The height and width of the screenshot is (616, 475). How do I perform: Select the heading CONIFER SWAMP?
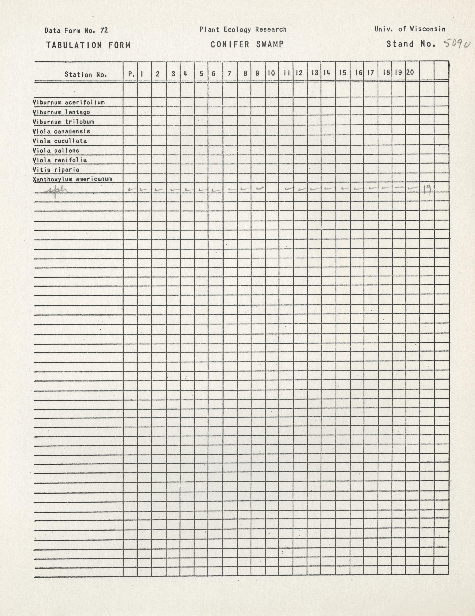pos(247,44)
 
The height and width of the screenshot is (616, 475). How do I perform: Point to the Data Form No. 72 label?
pos(76,30)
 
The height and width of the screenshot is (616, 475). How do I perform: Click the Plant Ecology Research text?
pos(243,29)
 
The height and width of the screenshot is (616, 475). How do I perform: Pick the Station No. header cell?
pos(86,75)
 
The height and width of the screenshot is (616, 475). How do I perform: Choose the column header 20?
pos(410,72)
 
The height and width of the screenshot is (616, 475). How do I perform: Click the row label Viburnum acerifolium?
pos(69,103)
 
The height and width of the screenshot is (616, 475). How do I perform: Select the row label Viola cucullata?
pos(60,141)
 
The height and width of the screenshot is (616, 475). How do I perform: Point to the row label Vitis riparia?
pos(56,170)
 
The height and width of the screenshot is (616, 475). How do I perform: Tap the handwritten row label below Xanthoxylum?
pos(57,191)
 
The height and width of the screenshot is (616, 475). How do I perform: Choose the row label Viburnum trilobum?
pos(63,122)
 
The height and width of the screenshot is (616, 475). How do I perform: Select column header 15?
pos(343,73)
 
